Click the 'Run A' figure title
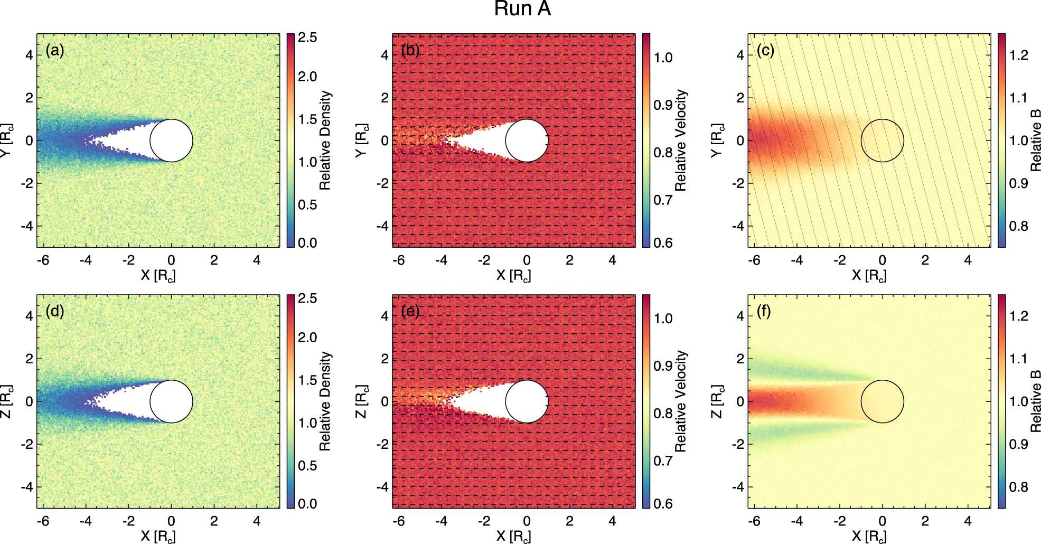(x=522, y=9)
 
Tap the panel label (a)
(x=54, y=51)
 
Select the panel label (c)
(x=765, y=51)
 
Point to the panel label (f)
(x=764, y=312)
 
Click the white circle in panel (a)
(x=171, y=140)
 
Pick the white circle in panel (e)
(x=527, y=401)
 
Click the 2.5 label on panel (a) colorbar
(x=307, y=37)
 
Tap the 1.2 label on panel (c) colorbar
(x=1018, y=55)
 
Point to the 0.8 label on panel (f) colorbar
(x=1018, y=487)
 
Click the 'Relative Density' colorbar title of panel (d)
(x=325, y=401)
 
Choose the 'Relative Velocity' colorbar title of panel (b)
(x=681, y=140)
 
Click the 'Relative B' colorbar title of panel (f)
(x=1036, y=401)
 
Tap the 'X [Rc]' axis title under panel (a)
(x=158, y=275)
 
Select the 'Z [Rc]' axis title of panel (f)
(x=717, y=401)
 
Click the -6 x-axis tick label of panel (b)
(x=399, y=260)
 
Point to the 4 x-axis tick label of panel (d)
(x=257, y=521)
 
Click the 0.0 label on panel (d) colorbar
(x=307, y=504)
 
